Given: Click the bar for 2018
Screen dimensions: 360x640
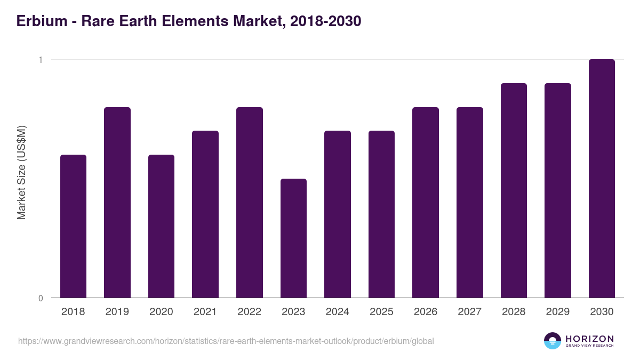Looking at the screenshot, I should point(73,226).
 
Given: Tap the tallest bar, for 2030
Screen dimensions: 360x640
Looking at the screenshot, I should point(602,179).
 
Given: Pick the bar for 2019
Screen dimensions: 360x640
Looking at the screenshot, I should point(117,203).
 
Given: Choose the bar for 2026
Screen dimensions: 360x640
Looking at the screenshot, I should point(426,203).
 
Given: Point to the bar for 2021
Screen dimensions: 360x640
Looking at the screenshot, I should point(205,214).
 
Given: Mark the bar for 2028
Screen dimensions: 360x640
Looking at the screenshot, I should point(514,190).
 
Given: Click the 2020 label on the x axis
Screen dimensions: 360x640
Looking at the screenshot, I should point(161,312).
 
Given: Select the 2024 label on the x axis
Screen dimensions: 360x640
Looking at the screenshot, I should point(337,312).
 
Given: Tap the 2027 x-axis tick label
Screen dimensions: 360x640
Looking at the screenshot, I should point(469,312).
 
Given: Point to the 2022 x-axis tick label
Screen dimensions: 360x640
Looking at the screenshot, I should point(249,312).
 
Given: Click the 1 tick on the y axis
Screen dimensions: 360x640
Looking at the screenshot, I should point(41,60).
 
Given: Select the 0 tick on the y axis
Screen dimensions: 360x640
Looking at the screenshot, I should point(41,298).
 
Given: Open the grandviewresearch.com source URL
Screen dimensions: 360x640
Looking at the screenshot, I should point(226,341).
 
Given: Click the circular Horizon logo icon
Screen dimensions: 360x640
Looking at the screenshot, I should point(553,341).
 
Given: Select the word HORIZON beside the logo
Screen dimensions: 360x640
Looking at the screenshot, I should point(589,339).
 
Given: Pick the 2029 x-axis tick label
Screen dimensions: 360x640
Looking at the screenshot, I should point(557,312).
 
